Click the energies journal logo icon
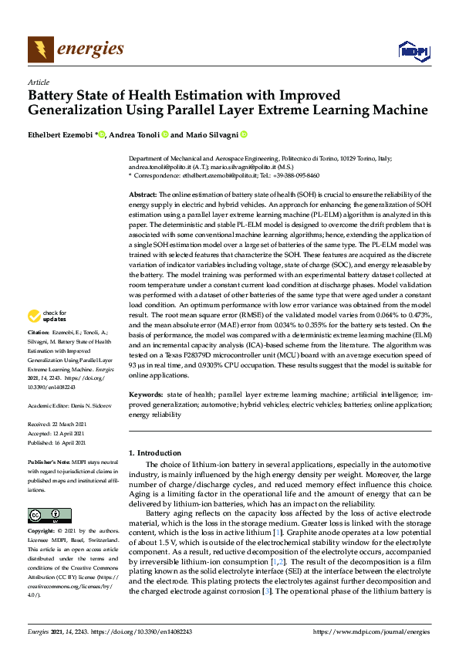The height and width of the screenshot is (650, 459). (39, 49)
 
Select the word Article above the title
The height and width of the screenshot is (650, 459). (38, 81)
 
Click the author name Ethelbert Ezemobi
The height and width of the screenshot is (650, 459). (60, 134)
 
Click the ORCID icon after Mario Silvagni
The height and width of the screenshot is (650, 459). (265, 134)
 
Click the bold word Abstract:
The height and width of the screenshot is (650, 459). (143, 195)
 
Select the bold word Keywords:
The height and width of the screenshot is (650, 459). (147, 394)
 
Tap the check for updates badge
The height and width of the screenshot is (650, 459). (46, 337)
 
